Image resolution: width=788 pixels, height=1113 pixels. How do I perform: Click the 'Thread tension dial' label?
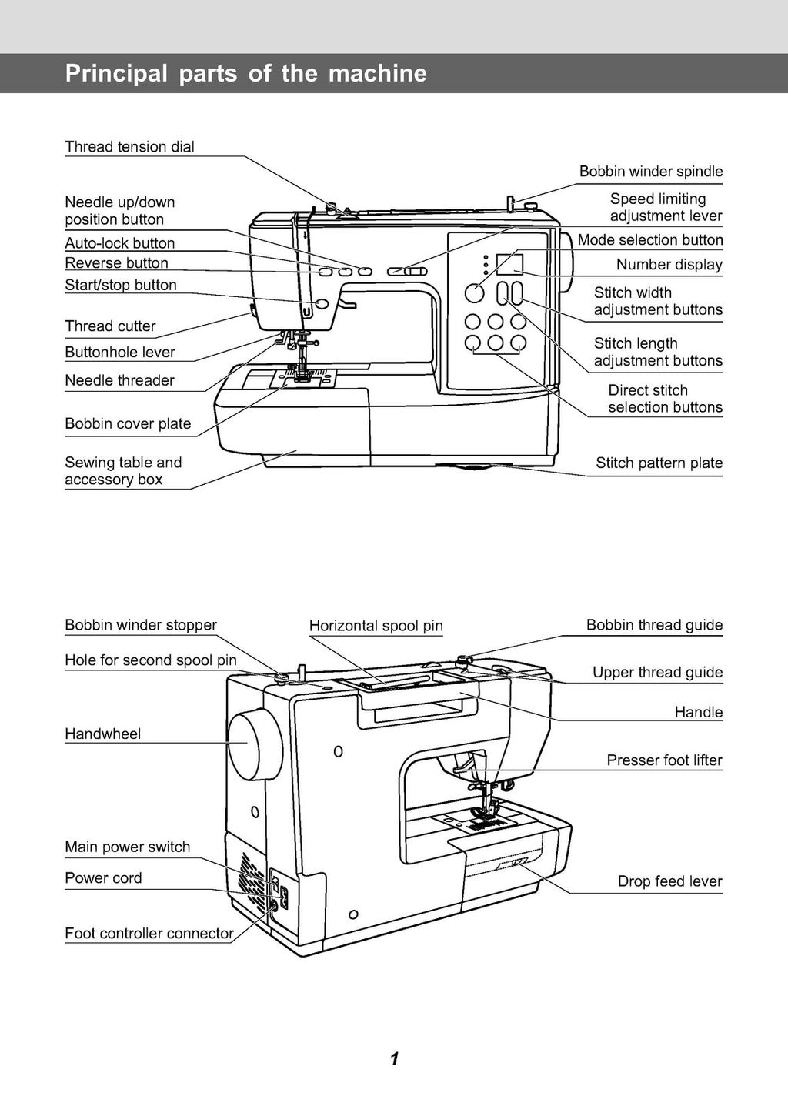pyautogui.click(x=129, y=147)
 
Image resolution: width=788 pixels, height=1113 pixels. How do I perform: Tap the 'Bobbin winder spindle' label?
pyautogui.click(x=651, y=172)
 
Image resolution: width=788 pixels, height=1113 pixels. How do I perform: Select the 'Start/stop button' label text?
pyautogui.click(x=121, y=286)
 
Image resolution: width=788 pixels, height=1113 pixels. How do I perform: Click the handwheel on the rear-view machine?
pyautogui.click(x=252, y=744)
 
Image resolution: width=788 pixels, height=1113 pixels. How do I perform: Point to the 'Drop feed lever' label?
pyautogui.click(x=669, y=881)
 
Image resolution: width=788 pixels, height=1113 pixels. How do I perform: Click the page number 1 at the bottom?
pyautogui.click(x=394, y=1059)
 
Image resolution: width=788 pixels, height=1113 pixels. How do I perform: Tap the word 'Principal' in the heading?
pyautogui.click(x=116, y=74)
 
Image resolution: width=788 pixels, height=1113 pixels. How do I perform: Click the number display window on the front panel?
pyautogui.click(x=509, y=264)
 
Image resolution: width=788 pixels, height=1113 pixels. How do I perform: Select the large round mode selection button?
pyautogui.click(x=475, y=293)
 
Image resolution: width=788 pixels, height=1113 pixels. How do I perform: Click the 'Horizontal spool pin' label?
pyautogui.click(x=376, y=626)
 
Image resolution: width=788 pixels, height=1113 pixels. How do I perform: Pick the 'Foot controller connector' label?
pyautogui.click(x=149, y=934)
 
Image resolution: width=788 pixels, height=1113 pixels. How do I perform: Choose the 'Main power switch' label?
pyautogui.click(x=127, y=847)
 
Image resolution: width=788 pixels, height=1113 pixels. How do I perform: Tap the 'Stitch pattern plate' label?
pyautogui.click(x=659, y=463)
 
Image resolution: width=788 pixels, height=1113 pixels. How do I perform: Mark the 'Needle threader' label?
pyautogui.click(x=119, y=381)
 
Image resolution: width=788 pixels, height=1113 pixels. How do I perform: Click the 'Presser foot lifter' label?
pyautogui.click(x=664, y=760)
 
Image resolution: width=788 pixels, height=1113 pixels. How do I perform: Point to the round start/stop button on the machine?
pyautogui.click(x=322, y=305)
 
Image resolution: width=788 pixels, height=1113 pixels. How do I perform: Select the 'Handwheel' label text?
pyautogui.click(x=102, y=734)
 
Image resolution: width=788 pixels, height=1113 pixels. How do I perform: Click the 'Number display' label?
pyautogui.click(x=669, y=265)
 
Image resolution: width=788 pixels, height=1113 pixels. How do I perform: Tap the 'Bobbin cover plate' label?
pyautogui.click(x=128, y=424)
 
